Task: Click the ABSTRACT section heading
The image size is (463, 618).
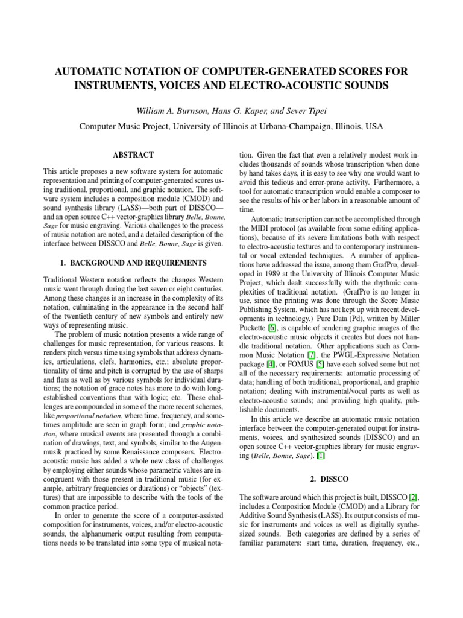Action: tap(136, 155)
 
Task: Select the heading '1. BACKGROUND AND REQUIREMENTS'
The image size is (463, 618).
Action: tap(136, 263)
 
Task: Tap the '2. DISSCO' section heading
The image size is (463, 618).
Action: tap(326, 479)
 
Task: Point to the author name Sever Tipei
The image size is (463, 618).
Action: tap(305, 111)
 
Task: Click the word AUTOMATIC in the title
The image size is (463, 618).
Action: tap(92, 72)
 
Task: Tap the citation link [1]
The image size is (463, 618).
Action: tap(320, 456)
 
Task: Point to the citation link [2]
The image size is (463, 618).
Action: tap(412, 497)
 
